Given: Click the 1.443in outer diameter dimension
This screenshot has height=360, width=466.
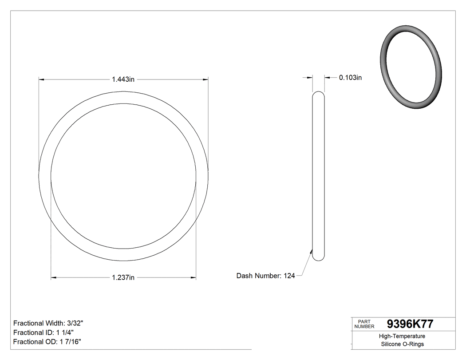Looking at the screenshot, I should point(123,79).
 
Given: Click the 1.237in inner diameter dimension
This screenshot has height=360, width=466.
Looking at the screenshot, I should point(123,278).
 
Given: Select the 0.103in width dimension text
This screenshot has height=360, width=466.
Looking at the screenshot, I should point(350,78).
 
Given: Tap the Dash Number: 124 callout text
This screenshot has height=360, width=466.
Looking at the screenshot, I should point(265,276).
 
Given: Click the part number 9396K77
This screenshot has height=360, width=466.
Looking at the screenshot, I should point(410,324).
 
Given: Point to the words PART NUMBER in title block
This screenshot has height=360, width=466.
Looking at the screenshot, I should point(364,324).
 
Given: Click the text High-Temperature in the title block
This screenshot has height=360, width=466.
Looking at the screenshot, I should point(403,336).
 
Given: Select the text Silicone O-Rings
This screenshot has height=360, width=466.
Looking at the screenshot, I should point(403,344).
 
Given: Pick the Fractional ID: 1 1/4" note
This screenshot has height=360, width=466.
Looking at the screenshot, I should point(43,332).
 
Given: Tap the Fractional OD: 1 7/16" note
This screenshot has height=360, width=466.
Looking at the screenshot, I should point(47,341).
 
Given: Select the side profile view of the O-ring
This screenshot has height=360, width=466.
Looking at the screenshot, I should point(318,176).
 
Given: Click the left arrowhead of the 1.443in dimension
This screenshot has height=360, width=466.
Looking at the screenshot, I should point(42,79).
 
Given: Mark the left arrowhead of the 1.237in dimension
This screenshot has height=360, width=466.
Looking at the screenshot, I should point(54,278).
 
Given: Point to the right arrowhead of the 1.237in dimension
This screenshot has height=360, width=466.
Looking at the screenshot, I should point(194,278).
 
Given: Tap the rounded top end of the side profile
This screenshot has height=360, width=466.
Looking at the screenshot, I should point(318,94).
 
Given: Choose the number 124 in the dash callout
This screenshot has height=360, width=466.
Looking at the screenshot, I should point(289,276).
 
